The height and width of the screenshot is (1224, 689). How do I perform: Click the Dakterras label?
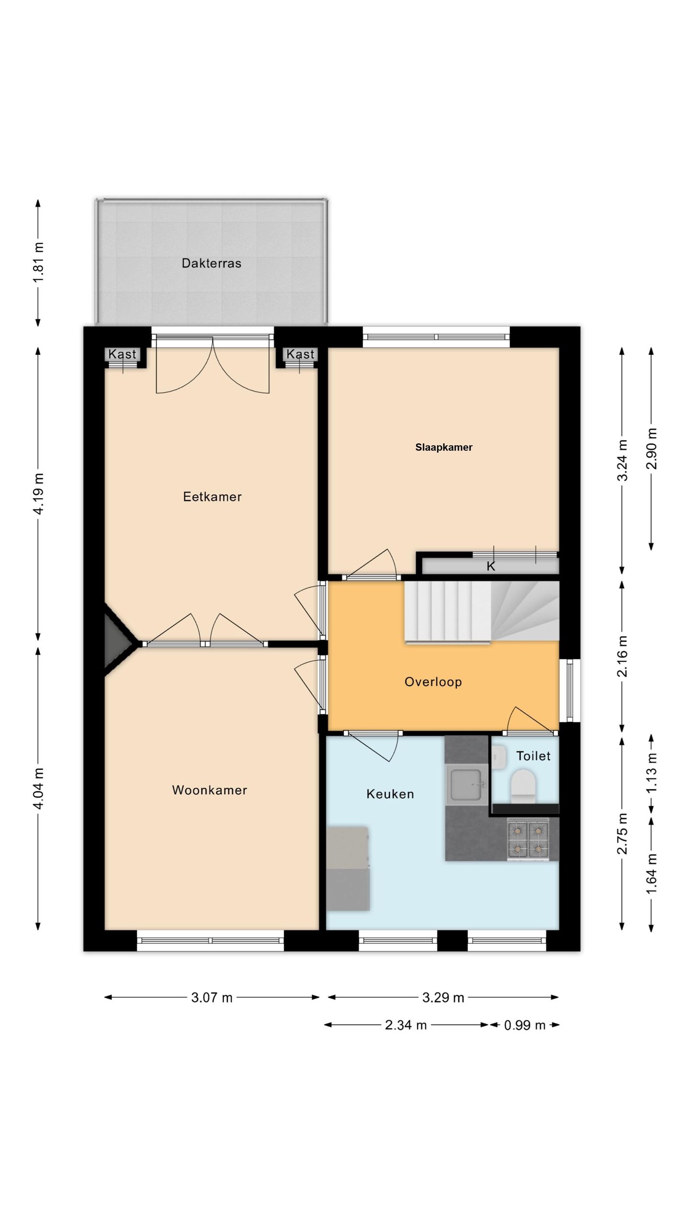pyautogui.click(x=211, y=263)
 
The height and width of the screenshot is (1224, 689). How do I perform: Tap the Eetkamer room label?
pyautogui.click(x=212, y=497)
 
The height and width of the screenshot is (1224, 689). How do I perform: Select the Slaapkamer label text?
pyautogui.click(x=444, y=448)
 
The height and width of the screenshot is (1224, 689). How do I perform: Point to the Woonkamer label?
pyautogui.click(x=210, y=790)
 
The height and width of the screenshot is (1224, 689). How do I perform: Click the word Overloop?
pyautogui.click(x=433, y=682)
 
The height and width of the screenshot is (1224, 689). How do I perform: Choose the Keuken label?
pyautogui.click(x=390, y=794)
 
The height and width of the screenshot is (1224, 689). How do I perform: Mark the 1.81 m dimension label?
pyautogui.click(x=38, y=262)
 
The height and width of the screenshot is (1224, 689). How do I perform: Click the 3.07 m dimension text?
pyautogui.click(x=211, y=997)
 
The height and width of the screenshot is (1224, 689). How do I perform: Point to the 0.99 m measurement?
pyautogui.click(x=524, y=1025)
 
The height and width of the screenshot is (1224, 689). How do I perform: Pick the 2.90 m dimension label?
pyautogui.click(x=651, y=449)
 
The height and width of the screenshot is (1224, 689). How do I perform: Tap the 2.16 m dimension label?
pyautogui.click(x=622, y=656)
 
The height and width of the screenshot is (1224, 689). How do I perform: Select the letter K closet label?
pyautogui.click(x=490, y=567)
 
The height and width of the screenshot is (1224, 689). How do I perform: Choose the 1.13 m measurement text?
pyautogui.click(x=651, y=774)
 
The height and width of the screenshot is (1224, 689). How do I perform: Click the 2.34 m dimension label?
pyautogui.click(x=406, y=1025)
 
